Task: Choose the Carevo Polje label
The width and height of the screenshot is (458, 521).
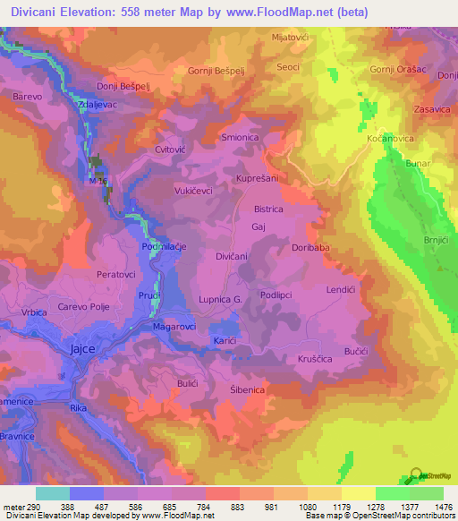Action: (84, 305)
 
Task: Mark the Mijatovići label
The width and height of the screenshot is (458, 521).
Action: (289, 38)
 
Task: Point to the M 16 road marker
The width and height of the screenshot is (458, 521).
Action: (98, 181)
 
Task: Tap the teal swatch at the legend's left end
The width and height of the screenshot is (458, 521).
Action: (52, 493)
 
